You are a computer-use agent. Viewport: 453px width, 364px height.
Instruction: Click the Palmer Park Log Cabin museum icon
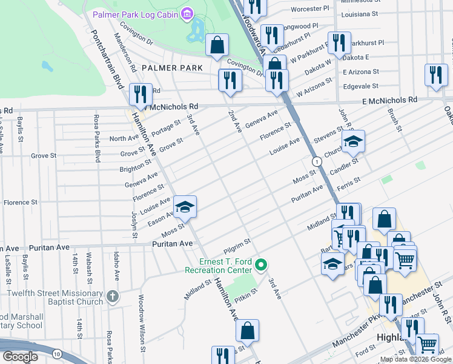(x=187, y=13)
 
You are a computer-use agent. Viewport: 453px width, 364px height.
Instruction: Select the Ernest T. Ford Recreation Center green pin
(x=262, y=265)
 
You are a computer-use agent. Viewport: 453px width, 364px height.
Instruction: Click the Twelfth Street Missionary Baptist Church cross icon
(x=112, y=297)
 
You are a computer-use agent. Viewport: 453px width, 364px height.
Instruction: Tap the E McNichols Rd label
(x=390, y=100)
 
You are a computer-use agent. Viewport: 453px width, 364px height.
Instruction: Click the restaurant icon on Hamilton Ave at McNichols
(x=141, y=94)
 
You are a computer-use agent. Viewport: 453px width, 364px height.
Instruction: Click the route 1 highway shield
(x=317, y=161)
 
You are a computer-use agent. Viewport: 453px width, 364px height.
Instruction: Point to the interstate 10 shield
(x=56, y=353)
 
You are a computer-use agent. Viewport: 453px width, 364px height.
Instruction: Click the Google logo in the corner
(x=20, y=357)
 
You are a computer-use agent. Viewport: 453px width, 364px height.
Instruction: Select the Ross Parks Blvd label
(x=96, y=138)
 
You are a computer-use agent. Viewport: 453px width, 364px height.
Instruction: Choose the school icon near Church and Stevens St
(x=353, y=142)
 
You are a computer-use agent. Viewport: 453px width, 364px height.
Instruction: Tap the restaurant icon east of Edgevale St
(x=435, y=75)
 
